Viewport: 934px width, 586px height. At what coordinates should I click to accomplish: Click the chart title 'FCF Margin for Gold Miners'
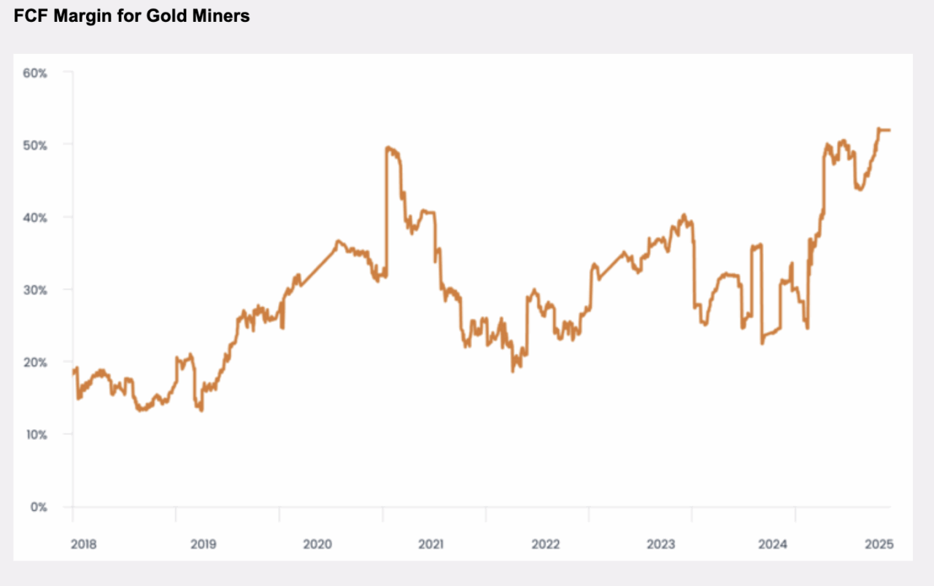pyautogui.click(x=131, y=16)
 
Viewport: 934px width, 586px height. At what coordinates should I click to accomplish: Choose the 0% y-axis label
pyautogui.click(x=39, y=506)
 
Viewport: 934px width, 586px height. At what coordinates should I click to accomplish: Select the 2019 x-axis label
pyautogui.click(x=203, y=544)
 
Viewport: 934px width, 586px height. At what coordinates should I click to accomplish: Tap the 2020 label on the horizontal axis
pyautogui.click(x=317, y=544)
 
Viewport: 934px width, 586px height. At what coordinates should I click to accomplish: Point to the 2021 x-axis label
pyautogui.click(x=431, y=544)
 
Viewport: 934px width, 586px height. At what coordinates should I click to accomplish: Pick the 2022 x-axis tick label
pyautogui.click(x=546, y=544)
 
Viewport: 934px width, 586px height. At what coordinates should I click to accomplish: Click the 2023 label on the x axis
pyautogui.click(x=660, y=544)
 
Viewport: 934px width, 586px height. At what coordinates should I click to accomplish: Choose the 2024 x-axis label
pyautogui.click(x=772, y=544)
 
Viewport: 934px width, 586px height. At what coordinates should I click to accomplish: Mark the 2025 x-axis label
pyautogui.click(x=879, y=544)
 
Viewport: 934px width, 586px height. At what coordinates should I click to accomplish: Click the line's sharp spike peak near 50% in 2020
pyautogui.click(x=387, y=147)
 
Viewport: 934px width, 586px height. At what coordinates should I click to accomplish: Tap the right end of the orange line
pyautogui.click(x=889, y=130)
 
